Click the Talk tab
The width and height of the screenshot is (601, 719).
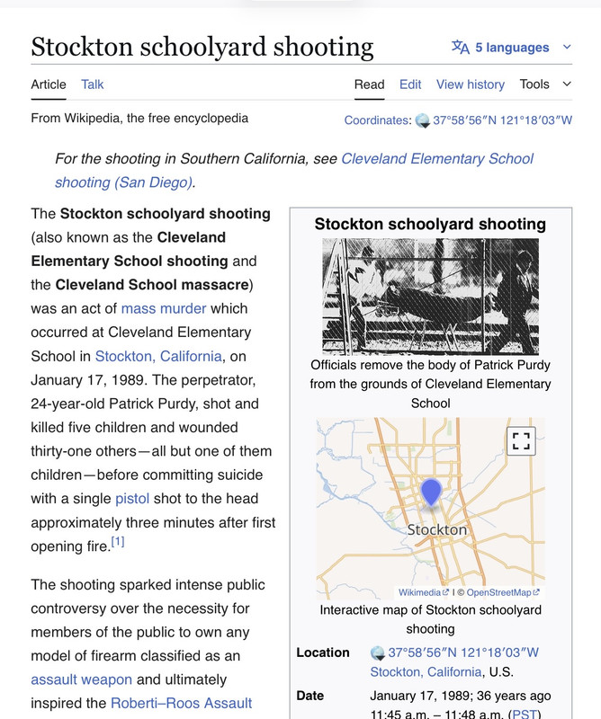pyautogui.click(x=92, y=84)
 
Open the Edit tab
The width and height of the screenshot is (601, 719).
pyautogui.click(x=410, y=84)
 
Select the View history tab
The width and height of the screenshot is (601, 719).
pyautogui.click(x=470, y=84)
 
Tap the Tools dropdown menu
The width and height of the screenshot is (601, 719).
pyautogui.click(x=544, y=84)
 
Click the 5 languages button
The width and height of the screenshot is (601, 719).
pyautogui.click(x=511, y=48)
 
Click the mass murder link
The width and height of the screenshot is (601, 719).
pyautogui.click(x=164, y=308)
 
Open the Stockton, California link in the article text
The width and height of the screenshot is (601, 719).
pyautogui.click(x=158, y=356)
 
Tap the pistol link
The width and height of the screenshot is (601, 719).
pyautogui.click(x=132, y=499)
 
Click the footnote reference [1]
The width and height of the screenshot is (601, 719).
pyautogui.click(x=118, y=541)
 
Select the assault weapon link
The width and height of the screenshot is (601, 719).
pyautogui.click(x=81, y=679)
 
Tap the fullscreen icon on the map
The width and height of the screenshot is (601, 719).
pyautogui.click(x=521, y=440)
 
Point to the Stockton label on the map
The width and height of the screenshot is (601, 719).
pyautogui.click(x=437, y=529)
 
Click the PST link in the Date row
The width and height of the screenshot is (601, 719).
pyautogui.click(x=523, y=715)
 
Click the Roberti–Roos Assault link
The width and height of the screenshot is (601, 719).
pyautogui.click(x=181, y=703)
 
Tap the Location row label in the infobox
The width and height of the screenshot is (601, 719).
pyautogui.click(x=322, y=652)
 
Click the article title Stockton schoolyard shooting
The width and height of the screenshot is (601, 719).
pyautogui.click(x=202, y=47)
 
